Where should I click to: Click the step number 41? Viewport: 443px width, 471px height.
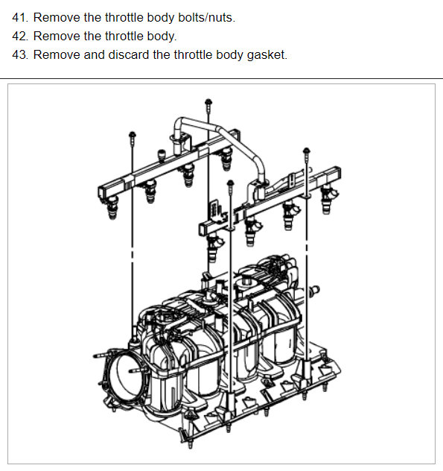(x=20, y=17)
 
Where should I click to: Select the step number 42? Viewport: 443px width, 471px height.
(x=20, y=36)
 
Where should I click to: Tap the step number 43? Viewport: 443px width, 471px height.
(x=20, y=54)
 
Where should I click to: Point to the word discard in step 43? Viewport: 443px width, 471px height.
(x=128, y=54)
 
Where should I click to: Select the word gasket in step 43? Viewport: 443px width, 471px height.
(x=267, y=54)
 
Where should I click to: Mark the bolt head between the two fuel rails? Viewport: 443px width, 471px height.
(x=230, y=184)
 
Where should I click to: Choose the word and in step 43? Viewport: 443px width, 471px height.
(x=93, y=54)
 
